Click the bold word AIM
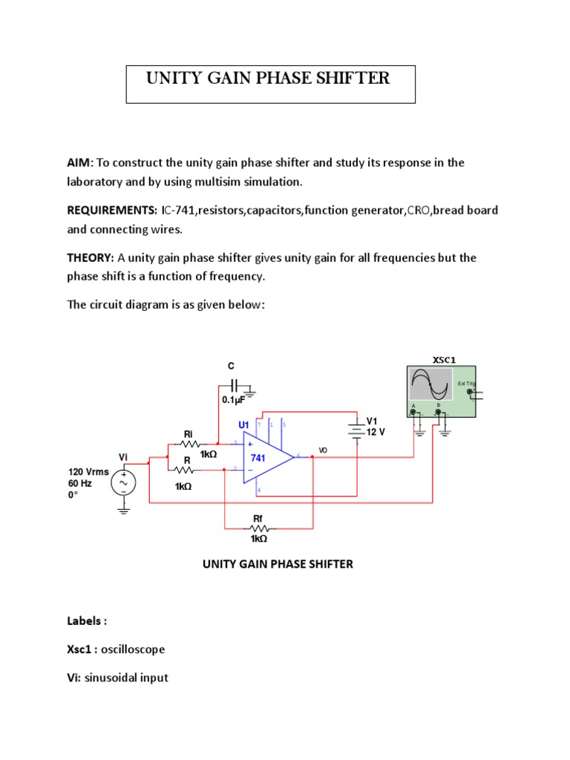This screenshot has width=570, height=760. [79, 163]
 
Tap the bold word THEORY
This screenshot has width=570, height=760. [90, 258]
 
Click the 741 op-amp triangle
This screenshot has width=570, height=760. [264, 458]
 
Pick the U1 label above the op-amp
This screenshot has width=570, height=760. [243, 425]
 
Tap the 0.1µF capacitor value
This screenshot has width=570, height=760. [233, 400]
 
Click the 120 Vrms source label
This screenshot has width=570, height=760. [88, 471]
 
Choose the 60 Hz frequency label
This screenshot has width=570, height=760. [80, 482]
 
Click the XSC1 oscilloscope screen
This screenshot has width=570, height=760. [430, 386]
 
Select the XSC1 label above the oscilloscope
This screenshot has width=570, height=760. [444, 360]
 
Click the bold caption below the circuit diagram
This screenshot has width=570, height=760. [278, 564]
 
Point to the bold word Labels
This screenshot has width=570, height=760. [87, 620]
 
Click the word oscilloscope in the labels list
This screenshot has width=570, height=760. [133, 649]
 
